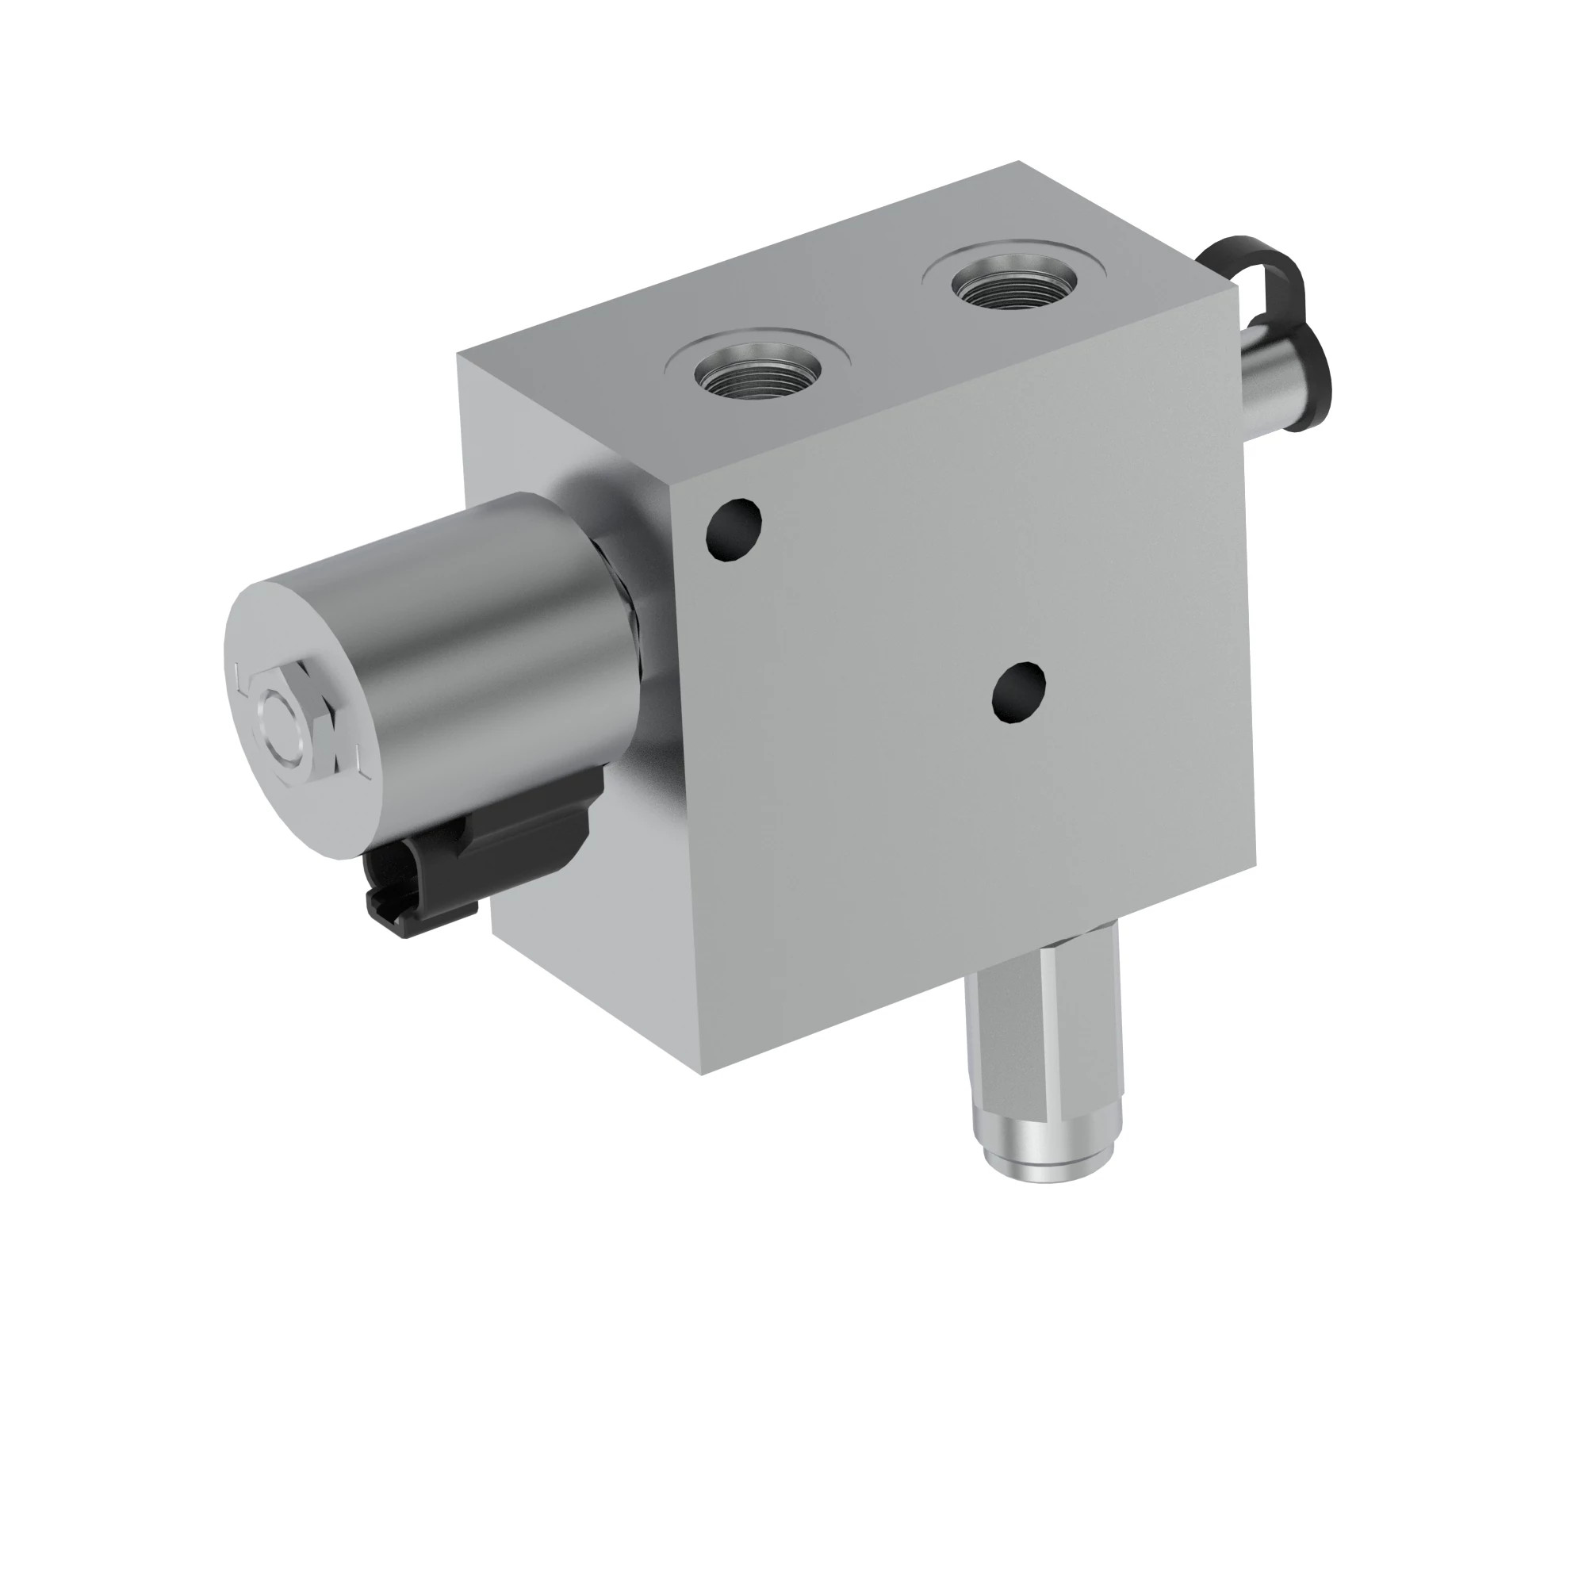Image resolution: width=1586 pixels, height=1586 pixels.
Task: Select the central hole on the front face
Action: point(1019,692)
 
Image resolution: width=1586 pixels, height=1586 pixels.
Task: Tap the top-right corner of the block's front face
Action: point(1235,287)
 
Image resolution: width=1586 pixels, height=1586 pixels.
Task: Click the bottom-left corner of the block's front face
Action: point(703,1074)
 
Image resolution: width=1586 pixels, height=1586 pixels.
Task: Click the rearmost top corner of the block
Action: point(1019,162)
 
